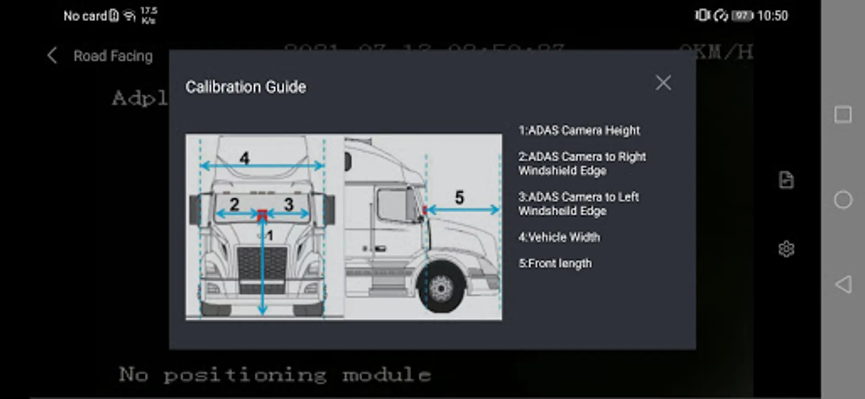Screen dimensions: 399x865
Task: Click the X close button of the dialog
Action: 663,82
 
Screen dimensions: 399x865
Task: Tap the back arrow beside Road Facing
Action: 52,56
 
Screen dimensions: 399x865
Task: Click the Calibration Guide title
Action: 246,87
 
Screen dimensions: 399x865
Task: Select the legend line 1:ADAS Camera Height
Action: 579,130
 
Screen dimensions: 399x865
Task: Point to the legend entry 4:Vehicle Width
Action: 559,237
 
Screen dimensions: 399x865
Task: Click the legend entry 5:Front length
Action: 555,263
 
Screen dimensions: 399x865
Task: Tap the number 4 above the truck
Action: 244,158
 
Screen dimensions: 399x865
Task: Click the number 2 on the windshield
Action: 234,204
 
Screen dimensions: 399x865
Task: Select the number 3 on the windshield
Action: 289,204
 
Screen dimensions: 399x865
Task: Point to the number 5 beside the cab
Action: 460,197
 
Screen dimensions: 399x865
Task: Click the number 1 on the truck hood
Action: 269,235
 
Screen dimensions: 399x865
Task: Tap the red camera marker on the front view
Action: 262,215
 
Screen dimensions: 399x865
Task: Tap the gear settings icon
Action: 786,249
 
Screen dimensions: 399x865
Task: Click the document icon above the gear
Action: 786,180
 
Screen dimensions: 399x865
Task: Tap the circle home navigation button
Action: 842,200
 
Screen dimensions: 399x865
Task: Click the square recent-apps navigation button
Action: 842,115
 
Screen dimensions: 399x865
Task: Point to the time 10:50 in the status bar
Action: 772,16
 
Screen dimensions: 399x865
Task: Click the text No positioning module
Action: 275,375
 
